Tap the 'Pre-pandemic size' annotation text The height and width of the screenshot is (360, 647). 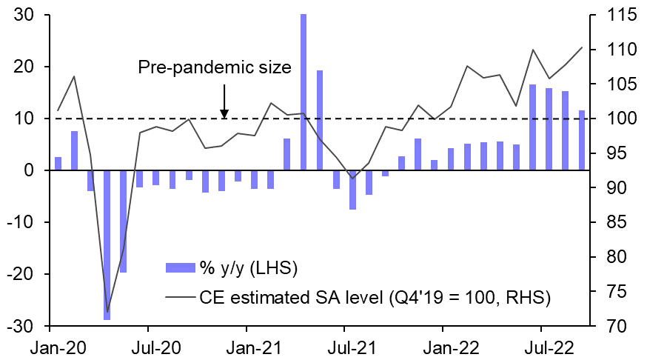coord(215,67)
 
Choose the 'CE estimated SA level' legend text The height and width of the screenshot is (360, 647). coord(374,298)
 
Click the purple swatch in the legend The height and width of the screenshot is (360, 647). coord(179,267)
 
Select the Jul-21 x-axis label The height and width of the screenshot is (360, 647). coord(344,346)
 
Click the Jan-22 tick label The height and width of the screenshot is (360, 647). coord(443,346)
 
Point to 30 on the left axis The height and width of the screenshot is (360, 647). coord(29,15)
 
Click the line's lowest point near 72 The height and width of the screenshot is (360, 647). coord(107,312)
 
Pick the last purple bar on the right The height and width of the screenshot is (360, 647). coord(582,140)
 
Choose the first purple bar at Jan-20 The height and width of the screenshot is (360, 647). coord(58,164)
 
